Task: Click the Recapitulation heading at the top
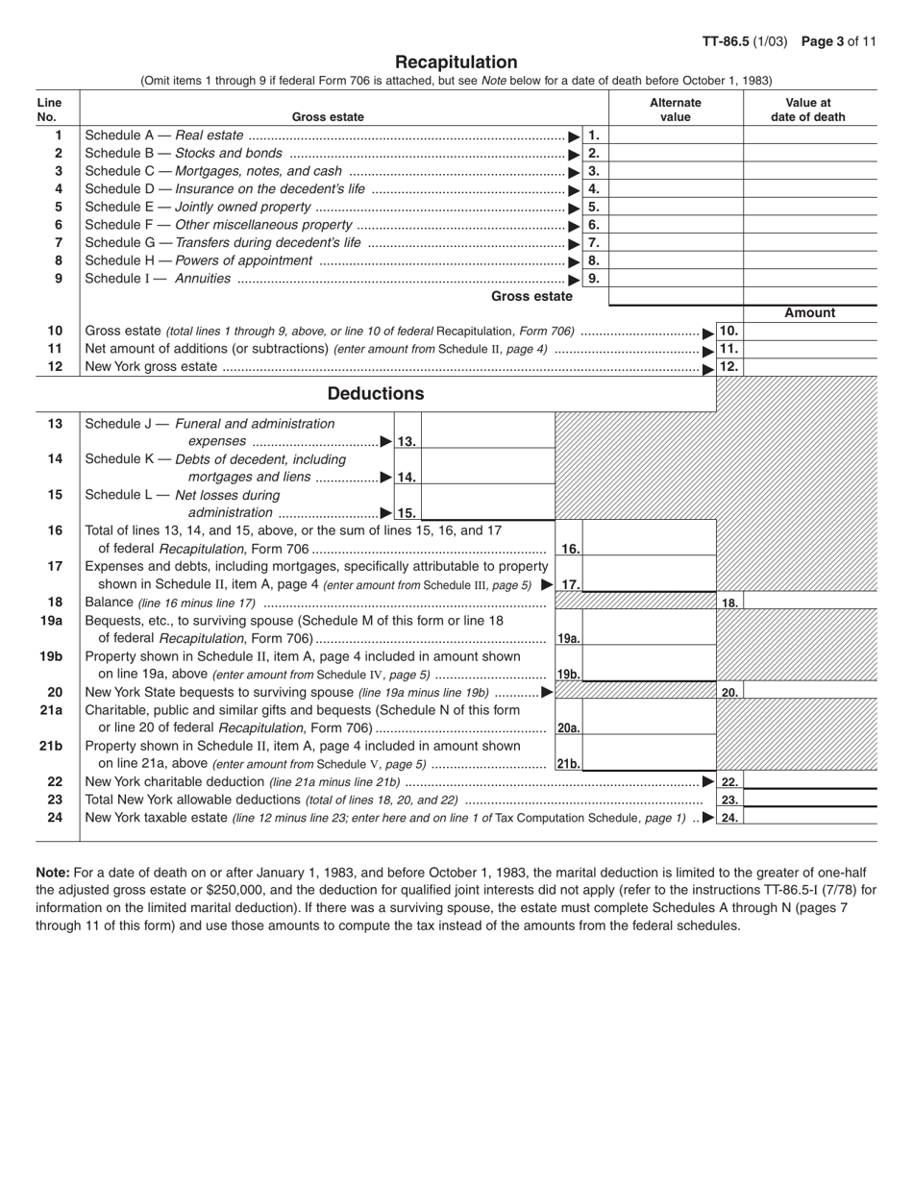pyautogui.click(x=456, y=62)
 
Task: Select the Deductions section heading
pyautogui.click(x=376, y=394)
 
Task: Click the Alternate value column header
pyautogui.click(x=676, y=110)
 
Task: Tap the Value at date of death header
pyautogui.click(x=808, y=110)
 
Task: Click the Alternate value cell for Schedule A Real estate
pyautogui.click(x=676, y=135)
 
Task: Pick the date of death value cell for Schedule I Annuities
pyautogui.click(x=810, y=279)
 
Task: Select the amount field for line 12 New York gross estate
pyautogui.click(x=810, y=366)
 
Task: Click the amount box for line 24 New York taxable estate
pyautogui.click(x=810, y=818)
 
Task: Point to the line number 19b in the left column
pyautogui.click(x=51, y=656)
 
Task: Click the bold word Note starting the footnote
pyautogui.click(x=53, y=874)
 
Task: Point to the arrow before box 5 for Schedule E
pyautogui.click(x=575, y=208)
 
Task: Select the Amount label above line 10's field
pyautogui.click(x=810, y=313)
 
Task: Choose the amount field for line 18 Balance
pyautogui.click(x=810, y=603)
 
